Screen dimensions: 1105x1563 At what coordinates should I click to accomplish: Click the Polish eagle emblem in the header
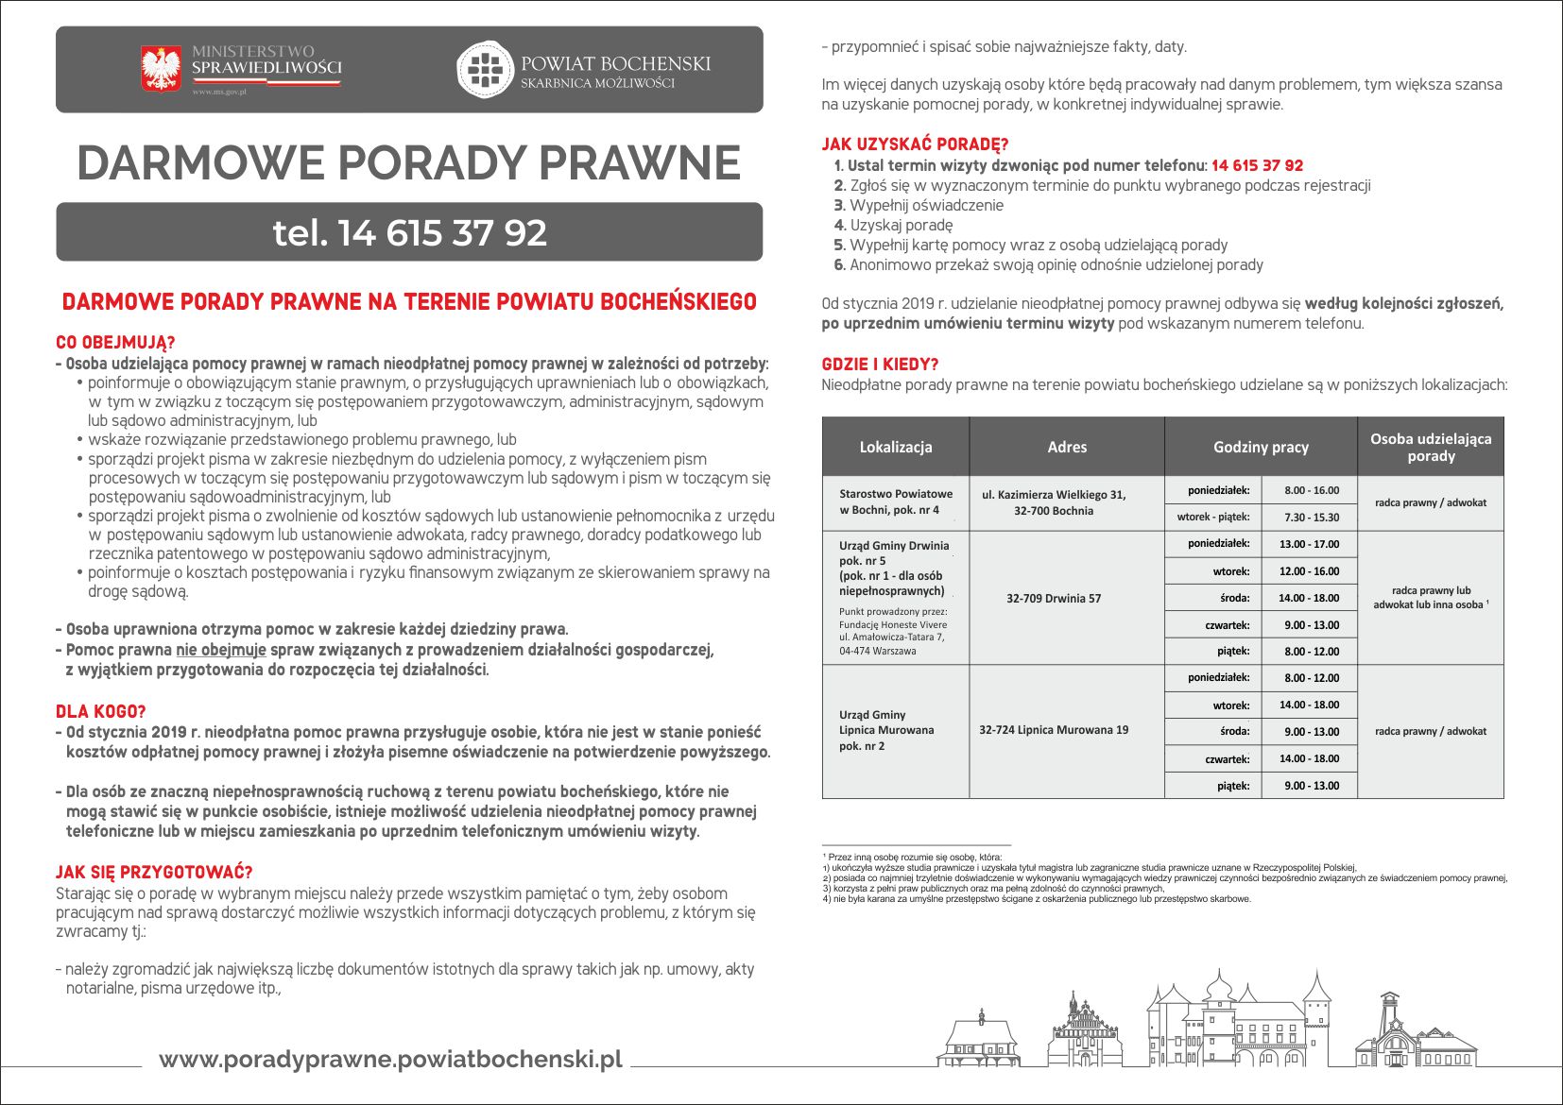click(161, 69)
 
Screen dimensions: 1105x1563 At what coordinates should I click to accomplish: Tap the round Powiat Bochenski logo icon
click(484, 69)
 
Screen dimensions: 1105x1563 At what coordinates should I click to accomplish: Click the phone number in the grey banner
click(409, 232)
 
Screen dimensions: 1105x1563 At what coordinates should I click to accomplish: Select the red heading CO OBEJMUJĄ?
click(115, 342)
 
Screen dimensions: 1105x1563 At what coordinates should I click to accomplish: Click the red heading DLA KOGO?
click(101, 711)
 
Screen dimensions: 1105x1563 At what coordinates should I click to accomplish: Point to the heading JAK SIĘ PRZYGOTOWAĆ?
click(154, 872)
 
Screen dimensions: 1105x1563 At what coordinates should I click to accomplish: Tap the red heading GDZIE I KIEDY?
click(880, 364)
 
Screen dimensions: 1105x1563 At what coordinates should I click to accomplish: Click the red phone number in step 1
click(1257, 165)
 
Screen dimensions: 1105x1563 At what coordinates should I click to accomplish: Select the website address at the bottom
click(390, 1059)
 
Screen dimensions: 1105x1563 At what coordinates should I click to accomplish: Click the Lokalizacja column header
click(895, 447)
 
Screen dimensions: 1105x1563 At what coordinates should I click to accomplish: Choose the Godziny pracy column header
click(1261, 447)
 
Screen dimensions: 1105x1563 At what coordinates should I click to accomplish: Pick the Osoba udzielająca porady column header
click(1431, 447)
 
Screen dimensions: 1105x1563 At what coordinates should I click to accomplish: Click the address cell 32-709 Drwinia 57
click(1054, 598)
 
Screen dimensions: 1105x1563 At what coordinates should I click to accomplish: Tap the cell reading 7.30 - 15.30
click(1312, 517)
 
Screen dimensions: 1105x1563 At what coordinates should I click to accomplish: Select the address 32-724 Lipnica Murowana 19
click(1054, 730)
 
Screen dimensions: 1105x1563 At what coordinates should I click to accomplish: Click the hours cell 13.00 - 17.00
click(1309, 544)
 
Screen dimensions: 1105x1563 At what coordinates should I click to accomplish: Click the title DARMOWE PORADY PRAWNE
click(408, 162)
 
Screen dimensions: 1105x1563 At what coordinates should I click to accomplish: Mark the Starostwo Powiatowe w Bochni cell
click(895, 501)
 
